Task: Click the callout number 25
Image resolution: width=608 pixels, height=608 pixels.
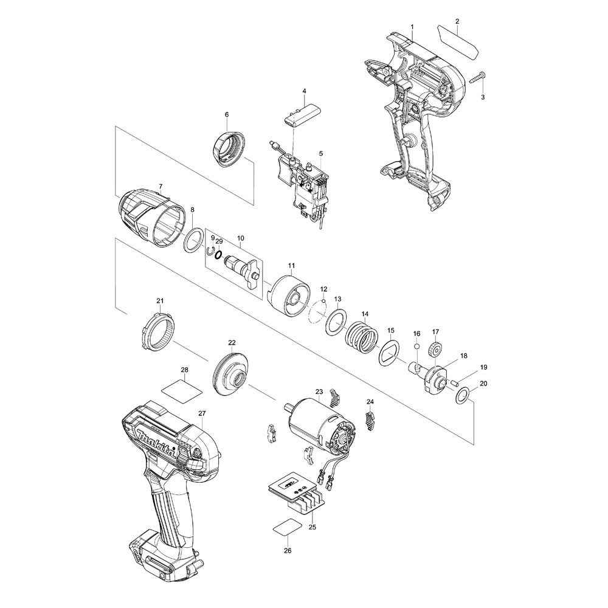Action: point(313,527)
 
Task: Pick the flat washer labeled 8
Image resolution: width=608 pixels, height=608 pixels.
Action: point(193,240)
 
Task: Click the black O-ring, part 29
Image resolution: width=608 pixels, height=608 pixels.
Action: point(218,254)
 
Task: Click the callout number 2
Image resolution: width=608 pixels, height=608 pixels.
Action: point(458,21)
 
